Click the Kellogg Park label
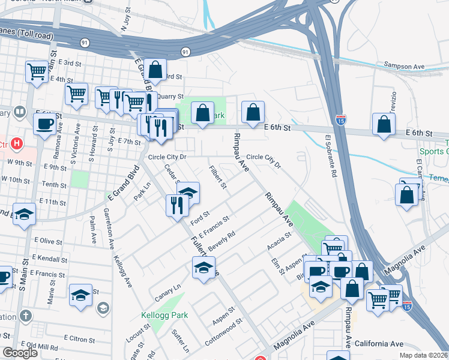[x=164, y=315]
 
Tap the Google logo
[x=20, y=353]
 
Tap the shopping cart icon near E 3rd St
[x=37, y=71]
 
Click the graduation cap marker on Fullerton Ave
[x=203, y=267]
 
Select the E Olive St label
[x=49, y=241]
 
